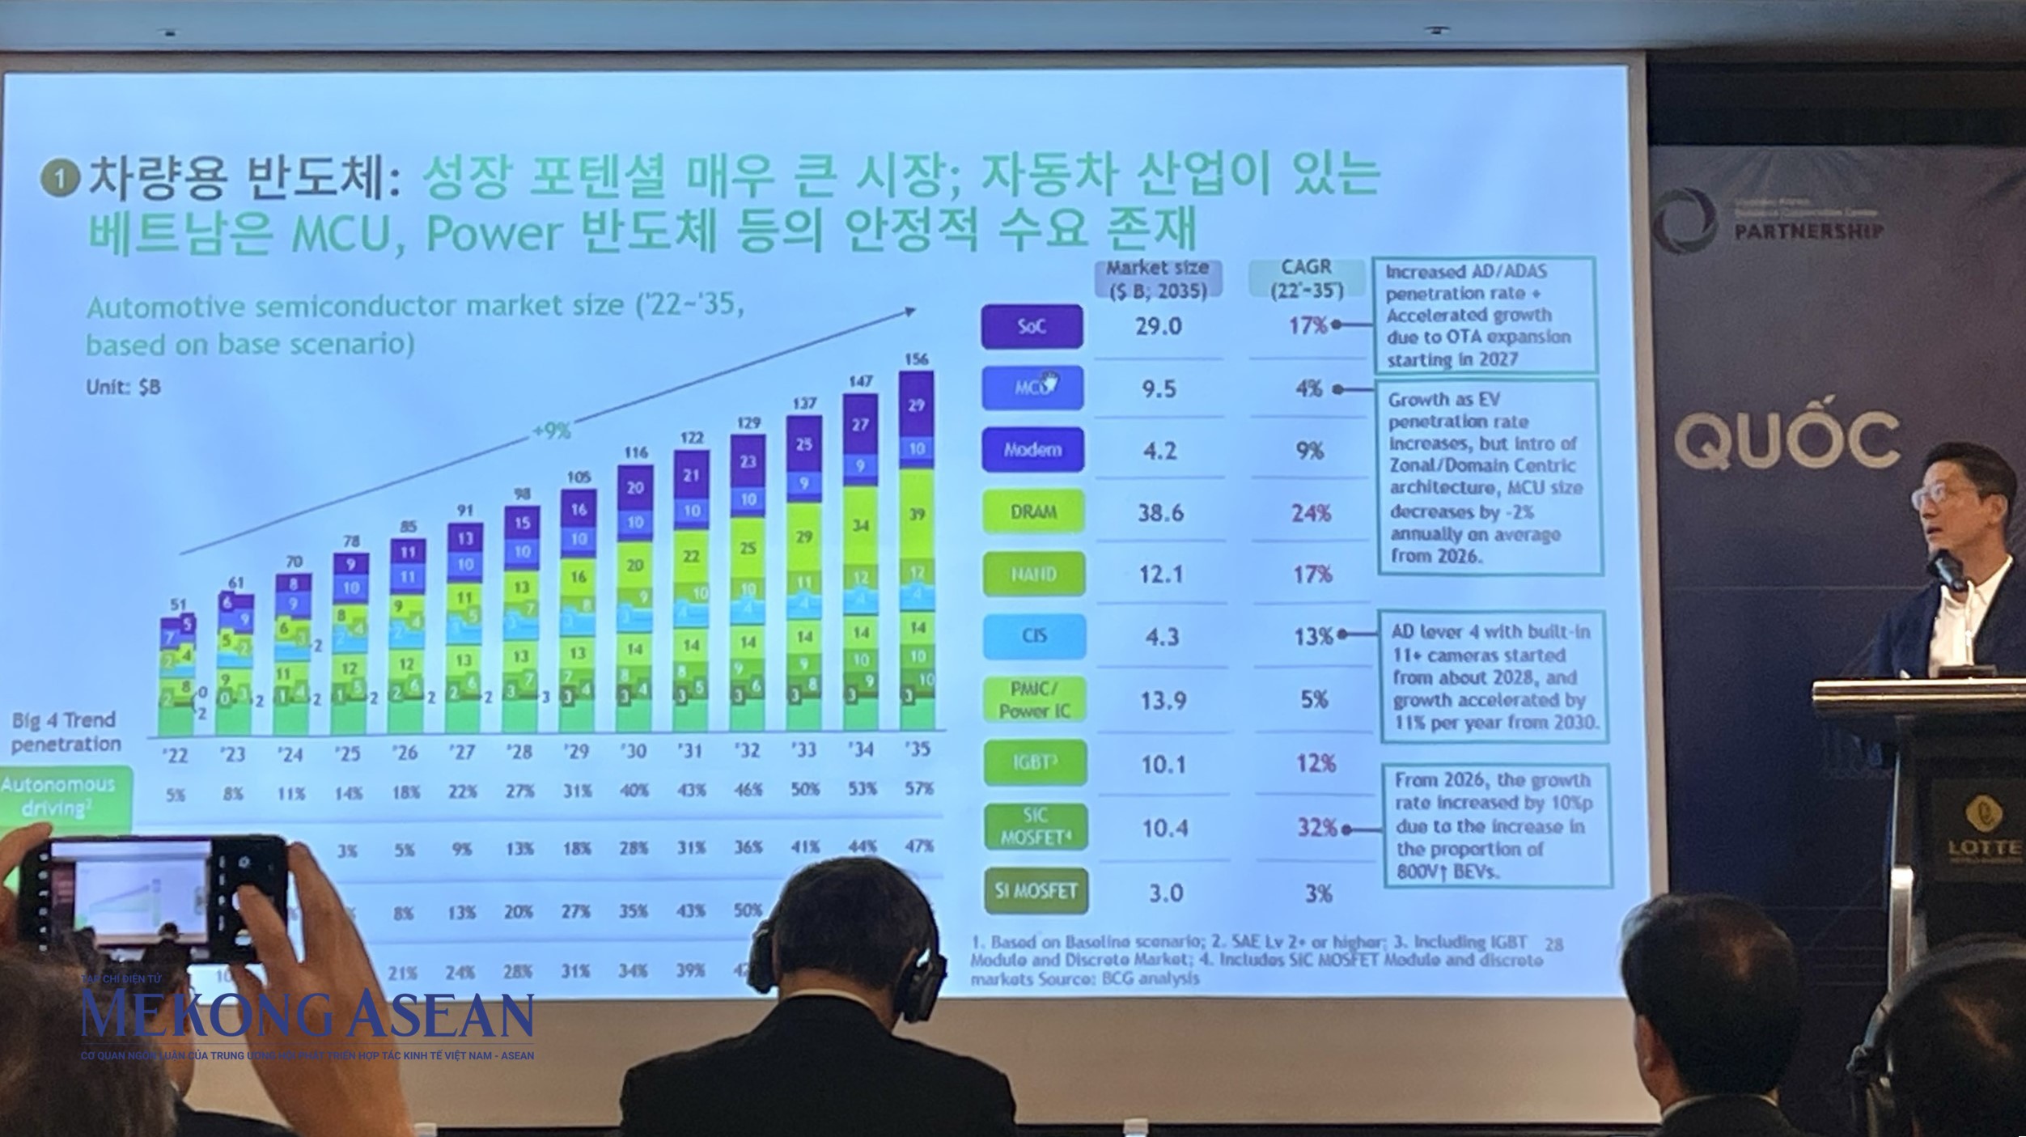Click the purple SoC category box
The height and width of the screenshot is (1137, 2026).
coord(1032,326)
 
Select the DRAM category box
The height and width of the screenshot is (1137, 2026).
coord(1033,511)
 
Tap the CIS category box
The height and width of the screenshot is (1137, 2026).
coord(1034,636)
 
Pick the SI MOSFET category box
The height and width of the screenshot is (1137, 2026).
coord(1036,891)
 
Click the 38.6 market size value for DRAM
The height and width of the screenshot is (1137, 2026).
coord(1160,512)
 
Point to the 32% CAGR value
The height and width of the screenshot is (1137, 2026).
coord(1317,827)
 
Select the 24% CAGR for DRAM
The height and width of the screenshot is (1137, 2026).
coord(1311,513)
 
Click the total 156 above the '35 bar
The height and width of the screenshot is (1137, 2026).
coord(916,358)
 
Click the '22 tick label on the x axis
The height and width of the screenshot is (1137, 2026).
coord(174,755)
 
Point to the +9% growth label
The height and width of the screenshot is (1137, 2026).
coord(551,431)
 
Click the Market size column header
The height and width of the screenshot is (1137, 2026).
coord(1158,278)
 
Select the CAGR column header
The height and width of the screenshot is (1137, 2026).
coord(1306,278)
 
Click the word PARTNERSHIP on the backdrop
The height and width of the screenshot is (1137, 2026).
coord(1808,231)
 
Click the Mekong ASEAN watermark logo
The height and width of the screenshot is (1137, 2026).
coord(307,1016)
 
